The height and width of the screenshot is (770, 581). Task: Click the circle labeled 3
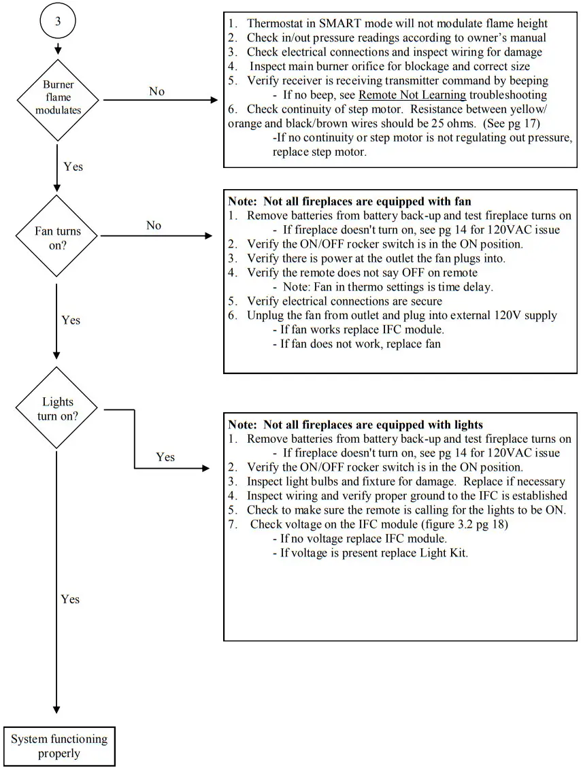(x=58, y=21)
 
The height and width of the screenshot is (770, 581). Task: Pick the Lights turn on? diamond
(x=57, y=409)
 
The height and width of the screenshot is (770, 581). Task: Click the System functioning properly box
(x=59, y=746)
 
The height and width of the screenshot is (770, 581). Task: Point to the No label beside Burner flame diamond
(x=156, y=91)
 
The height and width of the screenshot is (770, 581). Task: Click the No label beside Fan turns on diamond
(x=154, y=225)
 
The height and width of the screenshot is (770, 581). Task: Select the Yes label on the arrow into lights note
(x=165, y=457)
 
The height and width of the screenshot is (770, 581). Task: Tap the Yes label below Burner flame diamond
(x=73, y=166)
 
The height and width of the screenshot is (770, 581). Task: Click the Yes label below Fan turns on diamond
(x=71, y=320)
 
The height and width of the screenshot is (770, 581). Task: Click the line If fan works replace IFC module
(x=362, y=329)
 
